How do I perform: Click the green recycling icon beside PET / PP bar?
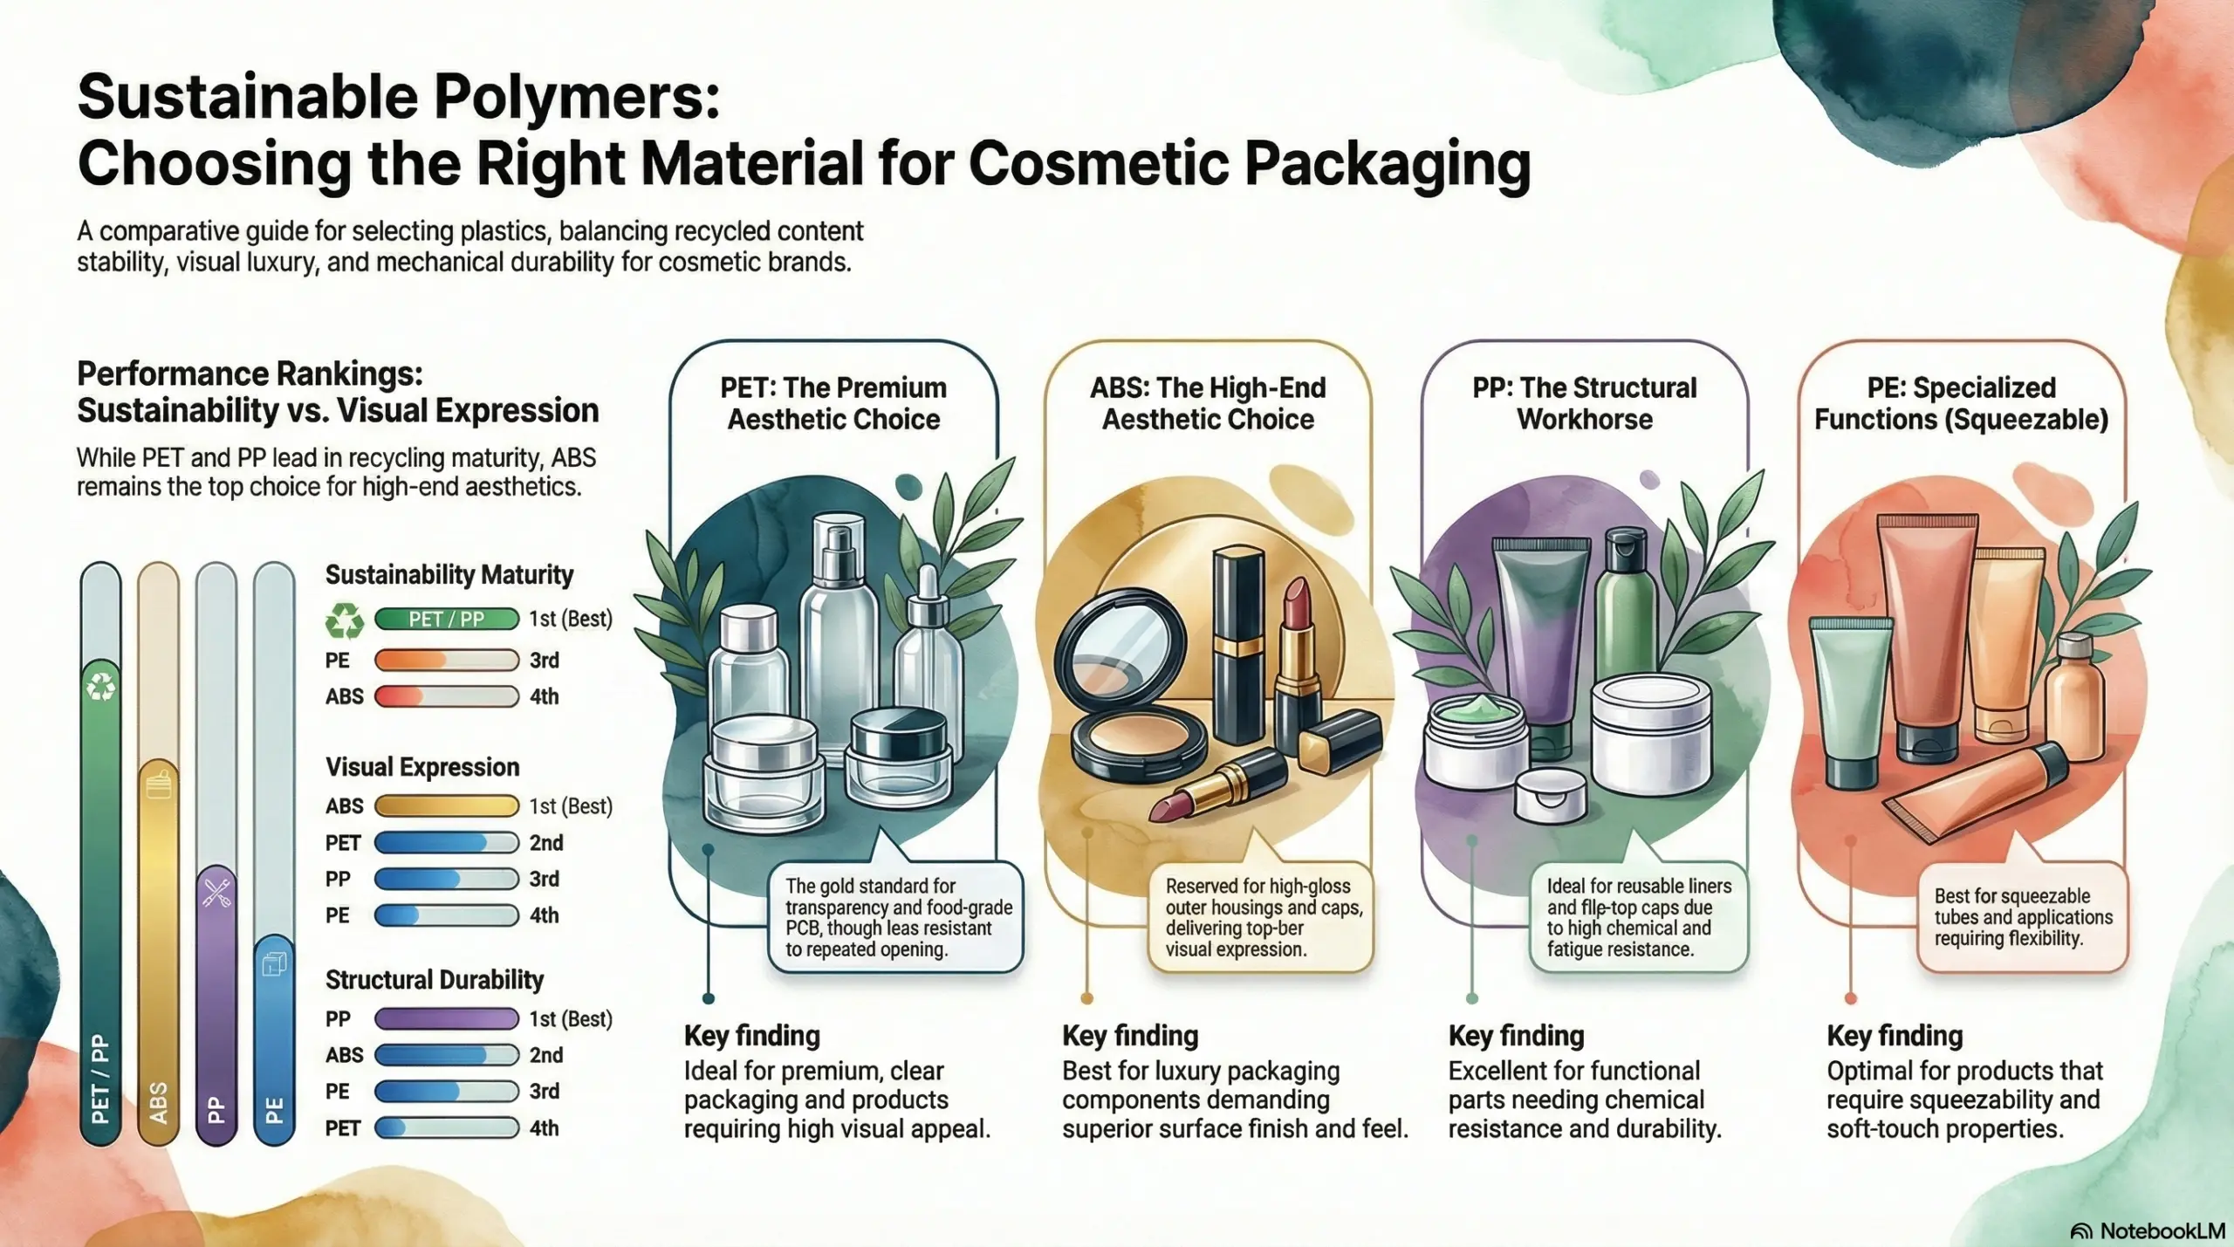tap(344, 620)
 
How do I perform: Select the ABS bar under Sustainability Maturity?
tap(446, 696)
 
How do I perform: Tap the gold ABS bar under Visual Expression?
tap(446, 805)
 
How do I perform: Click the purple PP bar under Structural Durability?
tap(446, 1018)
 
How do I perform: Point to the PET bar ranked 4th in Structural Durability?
tap(446, 1127)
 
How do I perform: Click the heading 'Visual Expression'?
tap(422, 767)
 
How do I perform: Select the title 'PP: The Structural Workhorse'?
tap(1584, 403)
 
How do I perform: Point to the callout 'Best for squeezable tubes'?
tap(2022, 917)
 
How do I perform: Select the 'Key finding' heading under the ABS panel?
tap(1129, 1036)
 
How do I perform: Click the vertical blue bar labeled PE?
tap(274, 1038)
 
